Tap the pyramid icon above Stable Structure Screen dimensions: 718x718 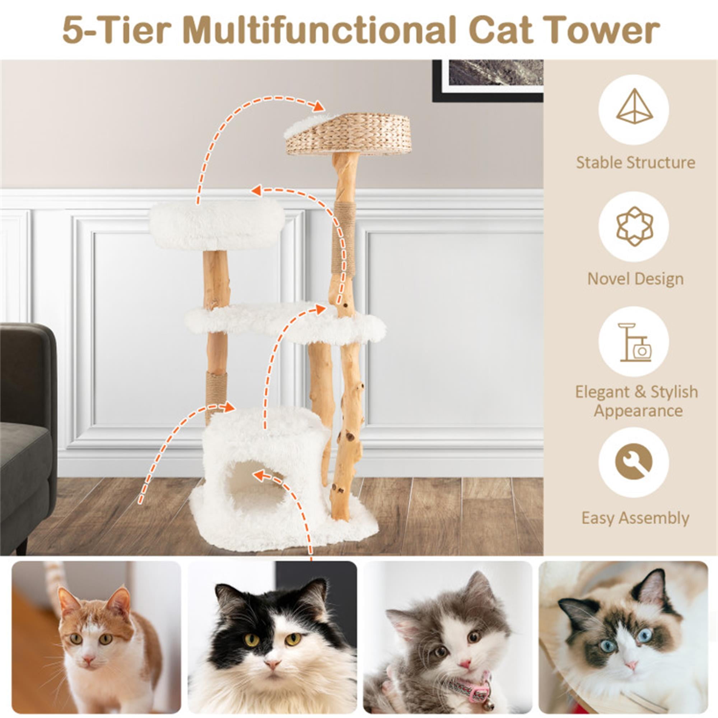point(634,109)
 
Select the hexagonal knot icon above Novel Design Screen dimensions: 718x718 point(634,226)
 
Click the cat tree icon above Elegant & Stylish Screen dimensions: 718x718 point(634,342)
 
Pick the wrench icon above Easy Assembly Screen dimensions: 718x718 point(634,462)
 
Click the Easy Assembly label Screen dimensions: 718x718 point(635,518)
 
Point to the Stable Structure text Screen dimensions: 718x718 point(635,162)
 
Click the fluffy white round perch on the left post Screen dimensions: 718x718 point(217,224)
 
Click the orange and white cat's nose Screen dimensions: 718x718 point(88,659)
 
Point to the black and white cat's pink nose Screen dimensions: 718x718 point(272,664)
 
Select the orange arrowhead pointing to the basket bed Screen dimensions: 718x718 point(318,106)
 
